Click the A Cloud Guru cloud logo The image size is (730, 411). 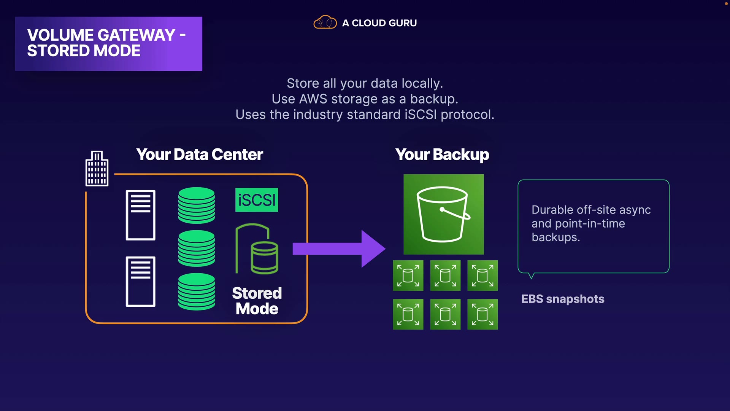[x=325, y=22]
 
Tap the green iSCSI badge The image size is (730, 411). [x=257, y=200]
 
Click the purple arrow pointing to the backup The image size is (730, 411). [x=339, y=249]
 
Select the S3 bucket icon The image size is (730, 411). [x=444, y=214]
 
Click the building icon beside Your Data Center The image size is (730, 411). [x=97, y=168]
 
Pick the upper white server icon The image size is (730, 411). [x=141, y=215]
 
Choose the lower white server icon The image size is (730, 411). [x=141, y=282]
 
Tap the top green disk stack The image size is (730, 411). [x=197, y=205]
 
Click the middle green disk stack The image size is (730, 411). [x=197, y=248]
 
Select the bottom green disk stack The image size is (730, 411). [x=197, y=292]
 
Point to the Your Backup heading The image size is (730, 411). [x=442, y=155]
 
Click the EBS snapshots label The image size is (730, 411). [x=563, y=299]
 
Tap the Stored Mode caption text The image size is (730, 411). [x=257, y=301]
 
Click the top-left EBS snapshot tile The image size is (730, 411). [x=408, y=276]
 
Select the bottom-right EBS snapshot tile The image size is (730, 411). [x=482, y=314]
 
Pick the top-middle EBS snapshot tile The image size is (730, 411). [x=445, y=276]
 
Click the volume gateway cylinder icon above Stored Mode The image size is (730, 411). [x=257, y=249]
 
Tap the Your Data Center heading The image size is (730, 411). [x=200, y=155]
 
